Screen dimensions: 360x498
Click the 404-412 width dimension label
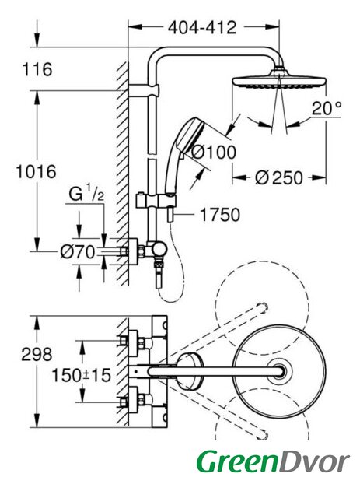point(202,28)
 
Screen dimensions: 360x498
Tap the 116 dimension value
point(37,69)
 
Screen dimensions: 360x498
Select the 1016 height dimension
point(37,172)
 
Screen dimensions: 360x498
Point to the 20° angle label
point(327,108)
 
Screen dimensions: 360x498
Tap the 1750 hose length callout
point(220,215)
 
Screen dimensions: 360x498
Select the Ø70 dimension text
point(78,252)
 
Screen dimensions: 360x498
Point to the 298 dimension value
point(37,354)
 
